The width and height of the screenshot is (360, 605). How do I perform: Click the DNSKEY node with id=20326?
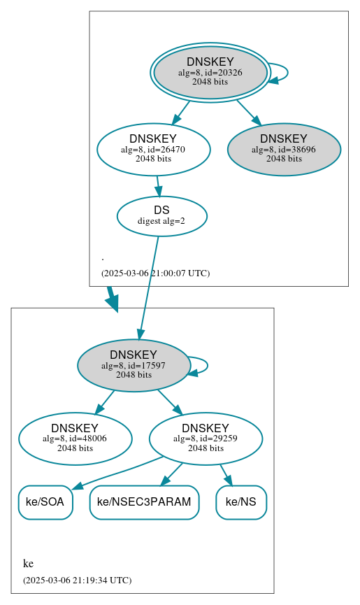[210, 72]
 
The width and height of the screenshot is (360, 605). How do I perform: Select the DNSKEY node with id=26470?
[153, 149]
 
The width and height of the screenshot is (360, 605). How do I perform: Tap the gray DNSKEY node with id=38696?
[284, 149]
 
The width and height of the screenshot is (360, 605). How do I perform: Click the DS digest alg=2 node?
[161, 216]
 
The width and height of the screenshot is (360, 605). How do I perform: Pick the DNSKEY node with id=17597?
[134, 365]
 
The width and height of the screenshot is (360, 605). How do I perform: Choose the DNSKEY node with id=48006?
[75, 439]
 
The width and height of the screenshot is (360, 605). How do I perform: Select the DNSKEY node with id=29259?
[206, 439]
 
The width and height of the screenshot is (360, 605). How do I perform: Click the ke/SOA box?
[45, 502]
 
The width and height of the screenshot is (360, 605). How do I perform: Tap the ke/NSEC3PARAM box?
[144, 502]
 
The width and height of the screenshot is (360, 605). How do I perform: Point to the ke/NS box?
[241, 502]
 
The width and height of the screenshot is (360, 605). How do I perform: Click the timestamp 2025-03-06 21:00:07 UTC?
[155, 273]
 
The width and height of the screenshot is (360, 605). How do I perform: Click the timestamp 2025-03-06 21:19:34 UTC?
[77, 580]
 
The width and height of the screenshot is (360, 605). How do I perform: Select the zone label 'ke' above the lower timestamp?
[28, 564]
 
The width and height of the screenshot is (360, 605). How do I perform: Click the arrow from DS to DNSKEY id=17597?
[149, 287]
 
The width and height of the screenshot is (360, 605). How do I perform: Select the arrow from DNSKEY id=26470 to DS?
[159, 186]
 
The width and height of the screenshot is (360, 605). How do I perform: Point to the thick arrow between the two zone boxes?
[112, 298]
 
